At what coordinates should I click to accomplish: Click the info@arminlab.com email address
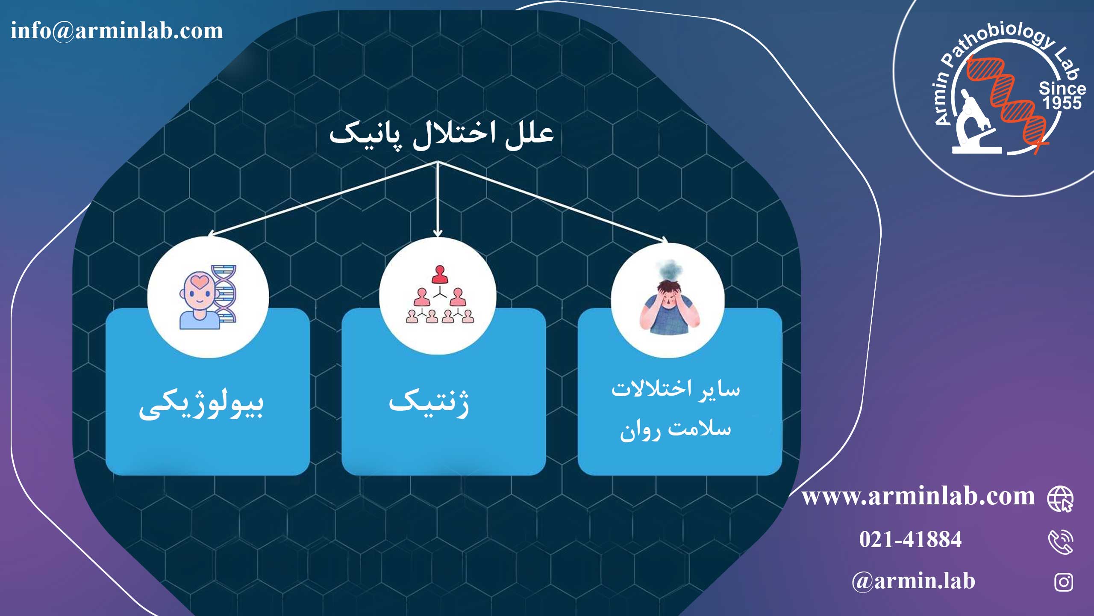[x=117, y=31]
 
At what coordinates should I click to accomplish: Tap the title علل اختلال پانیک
[x=441, y=136]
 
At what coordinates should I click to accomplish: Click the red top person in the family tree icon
[x=439, y=275]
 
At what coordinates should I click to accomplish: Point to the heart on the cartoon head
[x=200, y=281]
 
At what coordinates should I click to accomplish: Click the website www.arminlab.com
[x=918, y=497]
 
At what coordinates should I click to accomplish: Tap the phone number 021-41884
[x=910, y=539]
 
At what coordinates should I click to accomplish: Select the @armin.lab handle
[x=913, y=581]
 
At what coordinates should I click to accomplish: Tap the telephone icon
[x=1061, y=542]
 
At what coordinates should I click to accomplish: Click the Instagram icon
[x=1064, y=582]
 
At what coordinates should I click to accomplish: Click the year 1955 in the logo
[x=1062, y=103]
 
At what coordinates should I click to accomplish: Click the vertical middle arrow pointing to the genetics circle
[x=437, y=199]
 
